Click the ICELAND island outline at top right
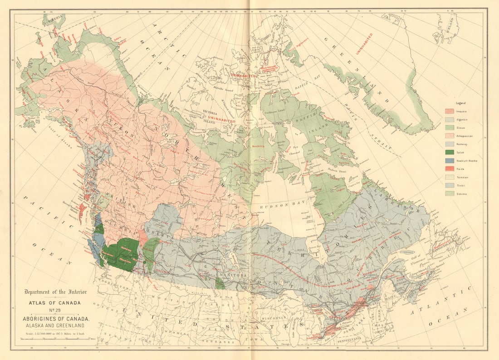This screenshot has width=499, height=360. tap(447, 27)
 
